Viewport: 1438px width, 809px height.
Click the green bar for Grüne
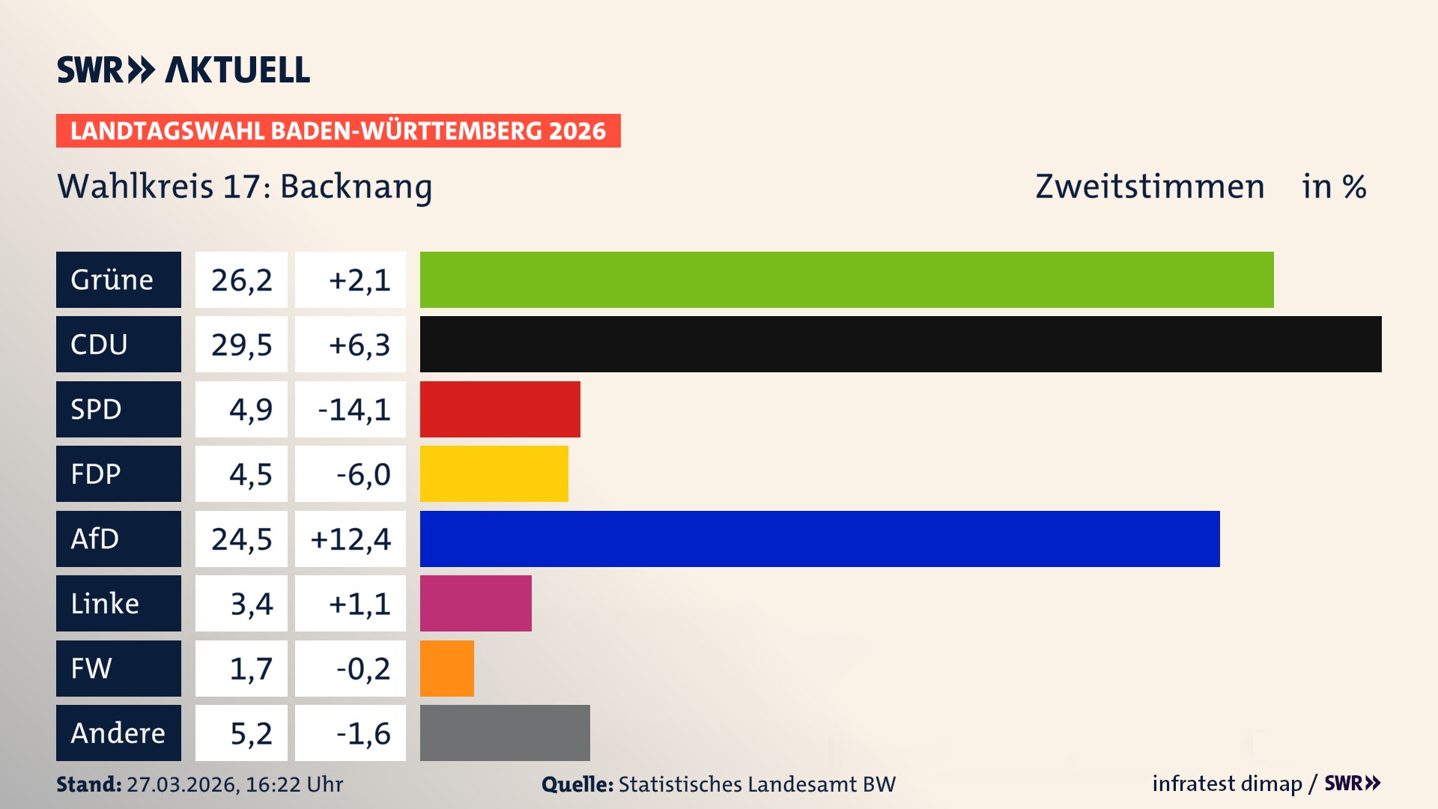pyautogui.click(x=846, y=279)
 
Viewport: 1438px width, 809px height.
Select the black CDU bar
pyautogui.click(x=900, y=344)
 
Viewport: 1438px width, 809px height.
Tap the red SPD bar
pyautogui.click(x=500, y=409)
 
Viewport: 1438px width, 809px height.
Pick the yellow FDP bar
pyautogui.click(x=494, y=473)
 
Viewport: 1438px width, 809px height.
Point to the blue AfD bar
pyautogui.click(x=819, y=539)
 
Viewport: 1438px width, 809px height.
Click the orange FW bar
pyautogui.click(x=446, y=668)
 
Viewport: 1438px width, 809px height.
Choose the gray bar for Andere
pyautogui.click(x=505, y=733)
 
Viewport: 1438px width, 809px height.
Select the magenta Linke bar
pyautogui.click(x=476, y=603)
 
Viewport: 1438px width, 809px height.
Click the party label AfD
pyautogui.click(x=95, y=539)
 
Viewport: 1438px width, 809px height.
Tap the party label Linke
pyautogui.click(x=105, y=603)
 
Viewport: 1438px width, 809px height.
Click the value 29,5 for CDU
pyautogui.click(x=241, y=345)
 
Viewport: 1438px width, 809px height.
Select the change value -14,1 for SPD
pyautogui.click(x=354, y=410)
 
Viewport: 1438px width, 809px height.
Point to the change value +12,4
pyautogui.click(x=351, y=539)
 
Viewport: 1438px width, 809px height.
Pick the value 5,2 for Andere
pyautogui.click(x=251, y=733)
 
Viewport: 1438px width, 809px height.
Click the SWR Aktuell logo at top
pyautogui.click(x=183, y=70)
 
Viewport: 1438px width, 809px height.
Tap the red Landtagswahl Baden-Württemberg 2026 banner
pyautogui.click(x=338, y=130)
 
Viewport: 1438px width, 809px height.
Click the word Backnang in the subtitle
pyautogui.click(x=356, y=187)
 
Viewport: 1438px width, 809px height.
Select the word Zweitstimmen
pyautogui.click(x=1150, y=187)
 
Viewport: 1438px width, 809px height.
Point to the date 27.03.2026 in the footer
pyautogui.click(x=182, y=784)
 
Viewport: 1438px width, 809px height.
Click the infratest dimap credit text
pyautogui.click(x=1227, y=784)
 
